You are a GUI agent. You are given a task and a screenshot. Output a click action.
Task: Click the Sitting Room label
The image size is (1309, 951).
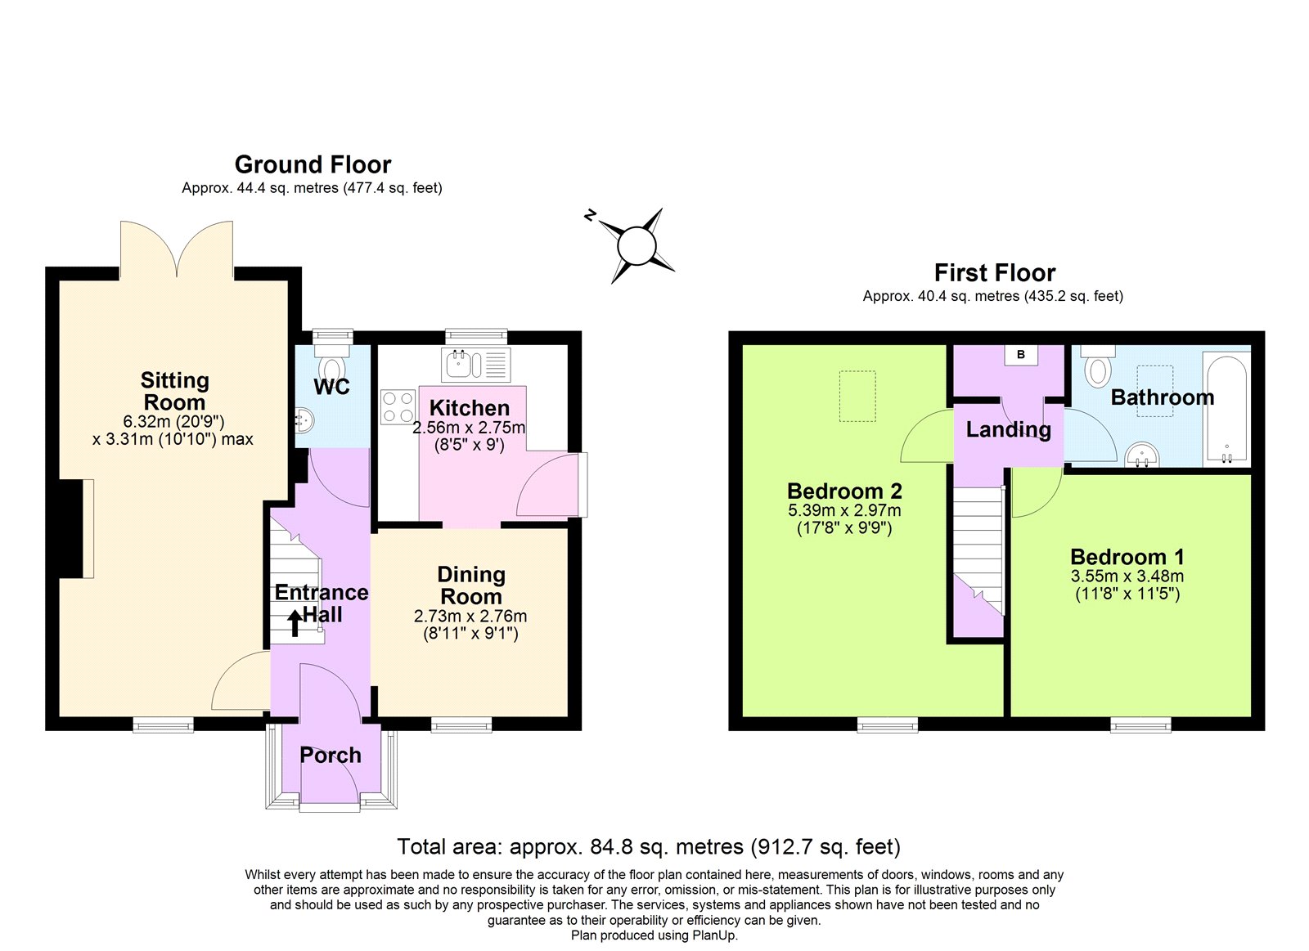pos(174,392)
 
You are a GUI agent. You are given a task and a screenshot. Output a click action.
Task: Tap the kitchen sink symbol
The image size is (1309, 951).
pos(475,365)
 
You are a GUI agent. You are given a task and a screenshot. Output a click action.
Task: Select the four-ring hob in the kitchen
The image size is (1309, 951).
pos(398,407)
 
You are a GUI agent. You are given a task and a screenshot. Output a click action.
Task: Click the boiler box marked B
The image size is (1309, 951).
pos(1020,355)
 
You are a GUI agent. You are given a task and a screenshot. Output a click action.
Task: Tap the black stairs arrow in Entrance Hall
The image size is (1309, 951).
pos(295,625)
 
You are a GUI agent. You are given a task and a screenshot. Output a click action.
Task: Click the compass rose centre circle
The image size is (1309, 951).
pos(637,245)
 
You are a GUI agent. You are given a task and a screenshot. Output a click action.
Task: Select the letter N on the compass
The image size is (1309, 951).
pos(590,216)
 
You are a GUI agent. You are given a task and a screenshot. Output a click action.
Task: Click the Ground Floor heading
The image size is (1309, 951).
pos(313,164)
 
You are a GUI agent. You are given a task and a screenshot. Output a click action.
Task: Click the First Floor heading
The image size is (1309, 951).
pos(994,272)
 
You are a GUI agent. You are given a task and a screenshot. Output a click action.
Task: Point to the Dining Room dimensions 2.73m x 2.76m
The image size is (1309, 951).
pos(470,617)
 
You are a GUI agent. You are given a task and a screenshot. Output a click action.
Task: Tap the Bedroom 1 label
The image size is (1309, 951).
pos(1127,557)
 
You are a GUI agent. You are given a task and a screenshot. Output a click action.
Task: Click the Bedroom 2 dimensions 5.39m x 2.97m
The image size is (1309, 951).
pos(844,510)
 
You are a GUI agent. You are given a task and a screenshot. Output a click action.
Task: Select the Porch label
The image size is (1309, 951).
pos(330,755)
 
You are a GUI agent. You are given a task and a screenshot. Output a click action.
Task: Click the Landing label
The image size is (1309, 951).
pos(1008,429)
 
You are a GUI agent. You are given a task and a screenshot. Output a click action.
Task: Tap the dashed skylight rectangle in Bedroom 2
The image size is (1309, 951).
pos(857,396)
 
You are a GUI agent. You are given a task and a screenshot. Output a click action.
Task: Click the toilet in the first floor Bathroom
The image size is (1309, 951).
pos(1097,368)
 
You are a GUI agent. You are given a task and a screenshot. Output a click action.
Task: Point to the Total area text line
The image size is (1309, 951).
pos(648,846)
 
